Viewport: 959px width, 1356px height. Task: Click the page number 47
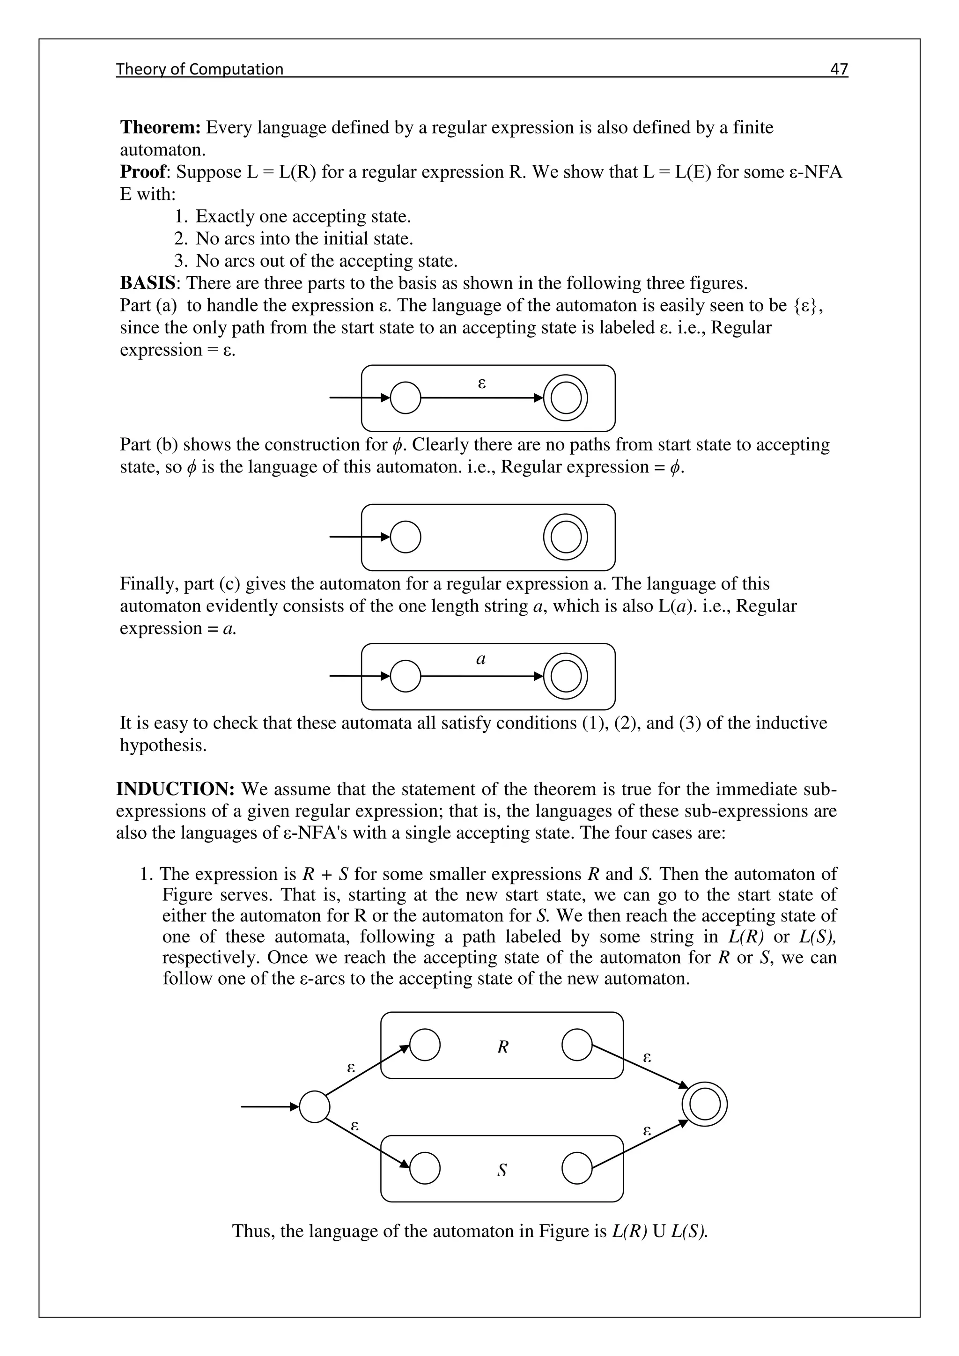(x=839, y=69)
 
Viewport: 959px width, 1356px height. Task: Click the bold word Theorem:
(x=161, y=127)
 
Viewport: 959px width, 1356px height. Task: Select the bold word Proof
(x=144, y=172)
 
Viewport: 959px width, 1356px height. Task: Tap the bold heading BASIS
(x=148, y=283)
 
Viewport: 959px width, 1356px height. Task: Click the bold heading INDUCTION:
(x=176, y=789)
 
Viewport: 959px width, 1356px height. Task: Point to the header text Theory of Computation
(x=199, y=69)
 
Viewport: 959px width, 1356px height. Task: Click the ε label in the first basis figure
(x=481, y=384)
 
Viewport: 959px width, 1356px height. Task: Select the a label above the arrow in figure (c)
(x=481, y=659)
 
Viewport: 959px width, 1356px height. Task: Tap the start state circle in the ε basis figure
(x=406, y=398)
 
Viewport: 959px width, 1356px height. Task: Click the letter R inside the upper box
(x=502, y=1047)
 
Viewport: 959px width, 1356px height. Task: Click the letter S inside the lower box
(x=502, y=1170)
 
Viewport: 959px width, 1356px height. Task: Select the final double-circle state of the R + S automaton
(x=704, y=1104)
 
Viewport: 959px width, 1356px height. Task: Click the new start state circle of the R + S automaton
(x=314, y=1107)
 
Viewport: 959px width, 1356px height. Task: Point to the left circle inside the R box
(x=425, y=1045)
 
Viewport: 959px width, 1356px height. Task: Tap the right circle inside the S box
(x=577, y=1168)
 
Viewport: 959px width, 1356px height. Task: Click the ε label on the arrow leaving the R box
(x=647, y=1057)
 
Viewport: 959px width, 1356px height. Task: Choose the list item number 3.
(x=181, y=260)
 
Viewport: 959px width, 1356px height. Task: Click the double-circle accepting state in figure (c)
(x=565, y=676)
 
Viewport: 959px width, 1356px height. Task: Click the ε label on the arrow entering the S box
(x=354, y=1126)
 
